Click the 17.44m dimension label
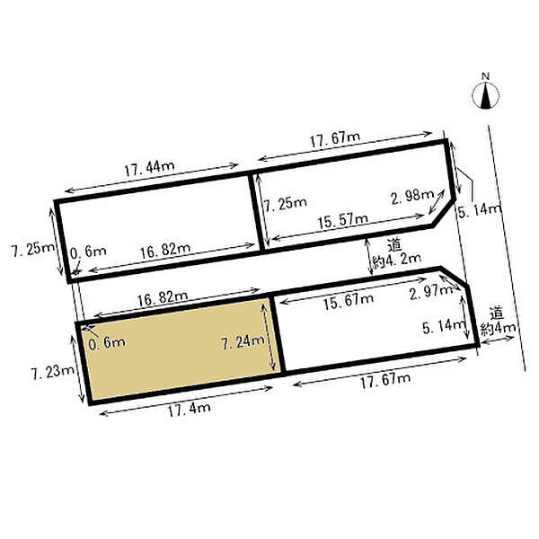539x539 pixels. tap(149, 169)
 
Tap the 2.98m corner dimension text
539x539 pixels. tap(412, 197)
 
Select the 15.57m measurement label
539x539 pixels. tap(343, 221)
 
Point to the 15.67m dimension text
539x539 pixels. tap(349, 302)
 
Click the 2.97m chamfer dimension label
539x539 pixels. tap(431, 293)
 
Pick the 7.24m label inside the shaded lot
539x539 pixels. tap(243, 343)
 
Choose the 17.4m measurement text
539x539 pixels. tap(189, 410)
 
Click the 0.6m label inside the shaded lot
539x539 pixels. tap(107, 343)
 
